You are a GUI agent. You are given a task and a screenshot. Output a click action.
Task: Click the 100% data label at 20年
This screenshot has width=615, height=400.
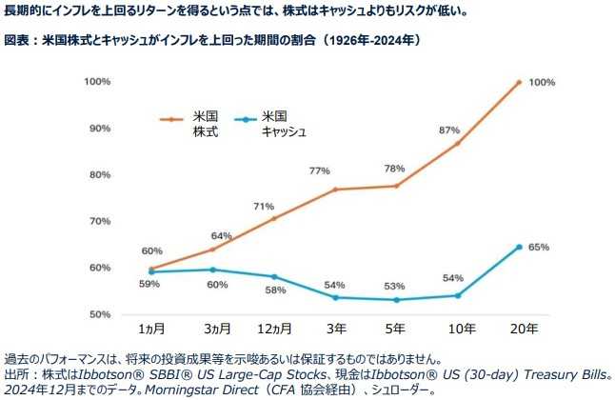click(542, 83)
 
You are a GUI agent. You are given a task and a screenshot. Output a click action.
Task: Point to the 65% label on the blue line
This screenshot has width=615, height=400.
click(539, 247)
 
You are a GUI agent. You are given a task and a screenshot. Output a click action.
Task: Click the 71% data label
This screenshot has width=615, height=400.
click(264, 206)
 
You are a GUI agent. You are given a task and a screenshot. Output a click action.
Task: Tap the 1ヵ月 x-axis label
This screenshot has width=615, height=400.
click(152, 329)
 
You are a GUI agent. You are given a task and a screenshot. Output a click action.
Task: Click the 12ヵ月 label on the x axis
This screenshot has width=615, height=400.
click(275, 329)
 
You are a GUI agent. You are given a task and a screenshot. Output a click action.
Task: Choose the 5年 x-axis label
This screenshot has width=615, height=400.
click(397, 329)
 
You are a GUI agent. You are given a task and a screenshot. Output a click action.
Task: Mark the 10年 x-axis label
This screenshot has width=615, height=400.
click(458, 329)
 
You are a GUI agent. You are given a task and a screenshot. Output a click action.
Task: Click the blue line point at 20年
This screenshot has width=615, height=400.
click(519, 247)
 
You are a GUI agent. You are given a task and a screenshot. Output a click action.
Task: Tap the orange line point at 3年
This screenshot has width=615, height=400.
click(336, 190)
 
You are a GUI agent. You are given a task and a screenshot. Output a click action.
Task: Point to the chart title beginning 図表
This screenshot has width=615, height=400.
click(211, 42)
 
